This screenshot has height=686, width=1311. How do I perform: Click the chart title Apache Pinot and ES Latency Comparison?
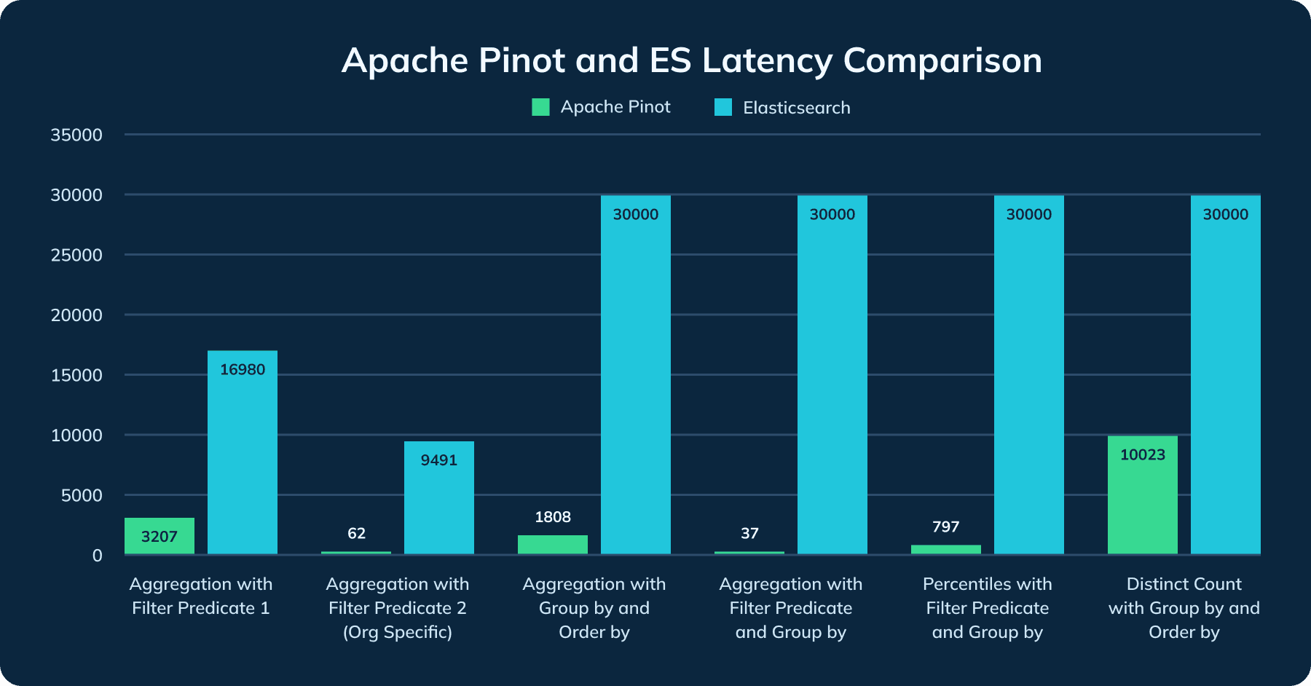pos(691,60)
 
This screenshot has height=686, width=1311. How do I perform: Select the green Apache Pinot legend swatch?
pos(540,107)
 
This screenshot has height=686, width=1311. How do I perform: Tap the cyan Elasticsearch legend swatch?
pos(723,107)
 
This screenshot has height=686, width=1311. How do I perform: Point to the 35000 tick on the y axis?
pos(76,135)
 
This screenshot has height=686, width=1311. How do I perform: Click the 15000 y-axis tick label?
pos(76,375)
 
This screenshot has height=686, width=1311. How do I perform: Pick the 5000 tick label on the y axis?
pos(82,495)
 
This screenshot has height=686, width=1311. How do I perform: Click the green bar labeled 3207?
pos(159,536)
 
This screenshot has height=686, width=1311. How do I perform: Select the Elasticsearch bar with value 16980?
pos(242,452)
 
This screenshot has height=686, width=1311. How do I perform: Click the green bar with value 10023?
pos(1142,495)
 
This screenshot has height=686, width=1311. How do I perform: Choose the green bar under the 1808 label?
pos(552,545)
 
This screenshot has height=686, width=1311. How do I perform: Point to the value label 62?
pos(356,533)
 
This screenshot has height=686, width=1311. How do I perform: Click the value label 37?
pos(749,533)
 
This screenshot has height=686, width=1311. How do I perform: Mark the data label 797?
pos(945,527)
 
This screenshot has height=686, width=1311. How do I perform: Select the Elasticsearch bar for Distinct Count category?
pos(1225,375)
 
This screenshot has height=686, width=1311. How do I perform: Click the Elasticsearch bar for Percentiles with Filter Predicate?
pos(1028,375)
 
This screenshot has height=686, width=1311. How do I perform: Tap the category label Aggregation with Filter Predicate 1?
pos(200,596)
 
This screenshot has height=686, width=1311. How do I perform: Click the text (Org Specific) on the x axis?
pos(398,632)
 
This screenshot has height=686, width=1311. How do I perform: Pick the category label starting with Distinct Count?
pos(1184,607)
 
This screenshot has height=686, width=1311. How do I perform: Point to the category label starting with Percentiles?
pos(987,607)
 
